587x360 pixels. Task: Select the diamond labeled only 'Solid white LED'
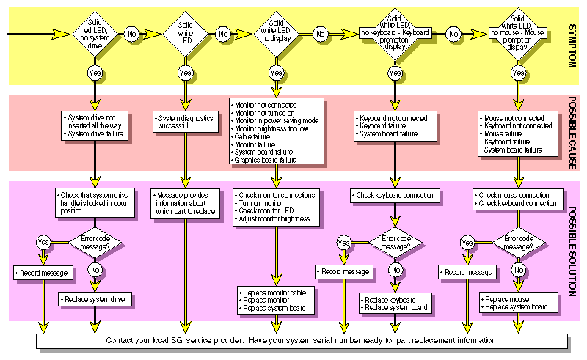pyautogui.click(x=186, y=34)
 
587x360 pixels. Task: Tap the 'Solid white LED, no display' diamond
pyautogui.click(x=277, y=34)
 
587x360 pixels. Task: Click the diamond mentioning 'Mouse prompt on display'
pyautogui.click(x=518, y=34)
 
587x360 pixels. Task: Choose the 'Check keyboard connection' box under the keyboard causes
pyautogui.click(x=396, y=196)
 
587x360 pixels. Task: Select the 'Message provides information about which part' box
pyautogui.click(x=186, y=205)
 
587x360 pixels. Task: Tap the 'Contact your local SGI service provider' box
pyautogui.click(x=301, y=341)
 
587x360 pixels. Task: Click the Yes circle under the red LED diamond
pyautogui.click(x=95, y=73)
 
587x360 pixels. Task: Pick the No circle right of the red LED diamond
pyautogui.click(x=131, y=34)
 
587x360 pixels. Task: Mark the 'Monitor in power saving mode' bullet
pyautogui.click(x=277, y=120)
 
